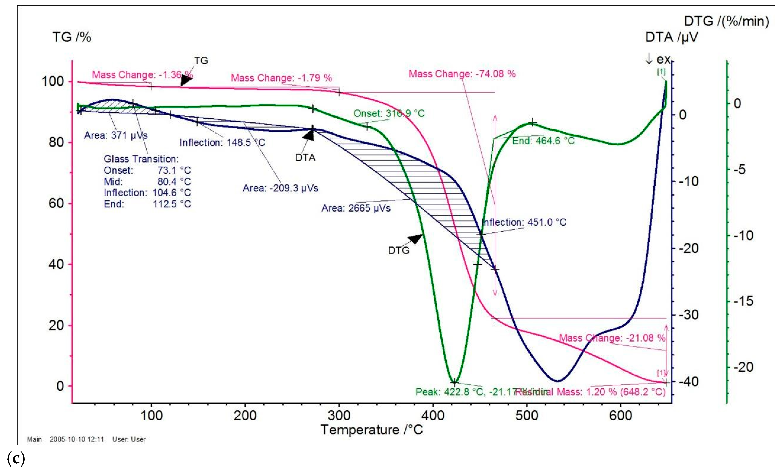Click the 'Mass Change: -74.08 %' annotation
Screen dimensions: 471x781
462,74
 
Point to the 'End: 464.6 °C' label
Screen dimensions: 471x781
543,140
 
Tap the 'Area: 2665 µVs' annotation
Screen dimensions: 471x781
356,208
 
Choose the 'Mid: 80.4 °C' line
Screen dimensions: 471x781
147,181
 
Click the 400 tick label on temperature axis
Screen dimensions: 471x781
433,415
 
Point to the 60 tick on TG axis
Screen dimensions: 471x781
56,203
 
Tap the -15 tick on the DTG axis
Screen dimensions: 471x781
743,301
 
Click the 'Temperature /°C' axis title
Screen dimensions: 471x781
371,430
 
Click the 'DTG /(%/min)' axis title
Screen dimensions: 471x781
726,21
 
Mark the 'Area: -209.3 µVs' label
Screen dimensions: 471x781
280,188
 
